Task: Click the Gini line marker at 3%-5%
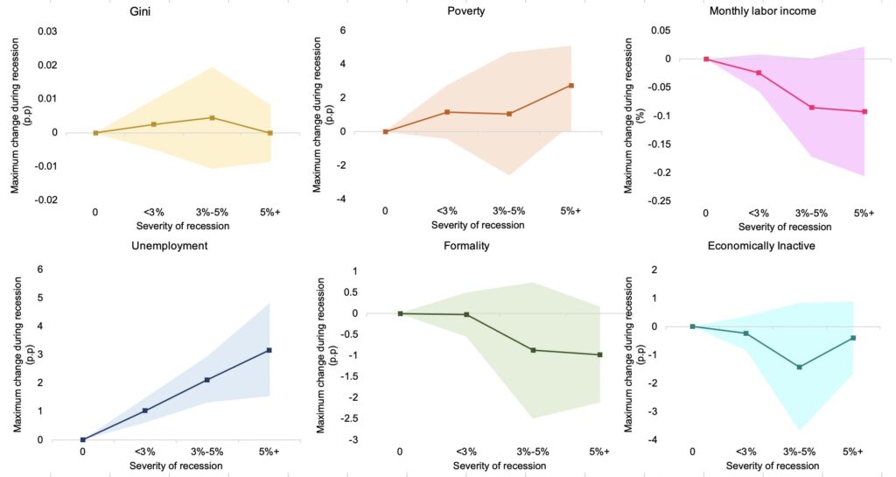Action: point(212,117)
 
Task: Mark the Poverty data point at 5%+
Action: point(570,85)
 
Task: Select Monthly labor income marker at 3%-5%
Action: point(812,108)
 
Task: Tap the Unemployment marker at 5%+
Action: point(269,350)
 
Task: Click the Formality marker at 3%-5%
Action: point(533,350)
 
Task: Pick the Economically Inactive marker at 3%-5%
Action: point(799,367)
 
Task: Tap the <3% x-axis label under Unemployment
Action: point(145,452)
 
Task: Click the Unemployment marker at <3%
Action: point(145,410)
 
